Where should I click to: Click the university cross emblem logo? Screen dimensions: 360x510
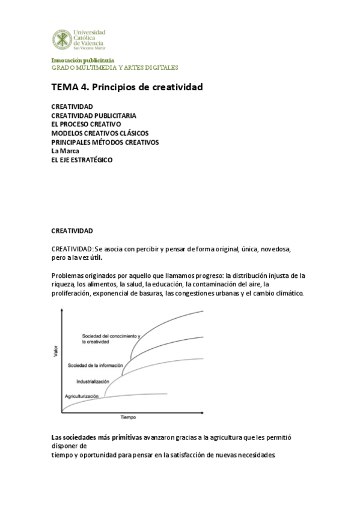point(62,40)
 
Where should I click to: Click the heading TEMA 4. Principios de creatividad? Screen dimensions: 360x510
point(127,87)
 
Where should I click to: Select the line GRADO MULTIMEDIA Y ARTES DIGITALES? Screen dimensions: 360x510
point(114,67)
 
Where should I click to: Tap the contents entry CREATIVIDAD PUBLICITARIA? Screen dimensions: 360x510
point(93,115)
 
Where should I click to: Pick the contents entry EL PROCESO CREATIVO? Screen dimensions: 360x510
point(86,124)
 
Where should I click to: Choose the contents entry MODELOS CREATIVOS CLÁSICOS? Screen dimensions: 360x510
point(100,133)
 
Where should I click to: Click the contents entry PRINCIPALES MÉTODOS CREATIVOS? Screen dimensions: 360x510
point(105,142)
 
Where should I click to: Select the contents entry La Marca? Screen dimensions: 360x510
point(65,151)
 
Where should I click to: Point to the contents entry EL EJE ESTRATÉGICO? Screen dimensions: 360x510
point(82,160)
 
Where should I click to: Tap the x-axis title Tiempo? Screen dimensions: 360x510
point(128,417)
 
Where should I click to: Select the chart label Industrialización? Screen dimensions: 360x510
point(93,381)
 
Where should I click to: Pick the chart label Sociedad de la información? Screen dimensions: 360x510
point(96,366)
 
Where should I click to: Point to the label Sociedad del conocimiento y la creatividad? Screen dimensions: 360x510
point(111,339)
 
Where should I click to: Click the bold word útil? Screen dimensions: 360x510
point(94,257)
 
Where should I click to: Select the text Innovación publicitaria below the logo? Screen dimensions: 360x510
point(82,60)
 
